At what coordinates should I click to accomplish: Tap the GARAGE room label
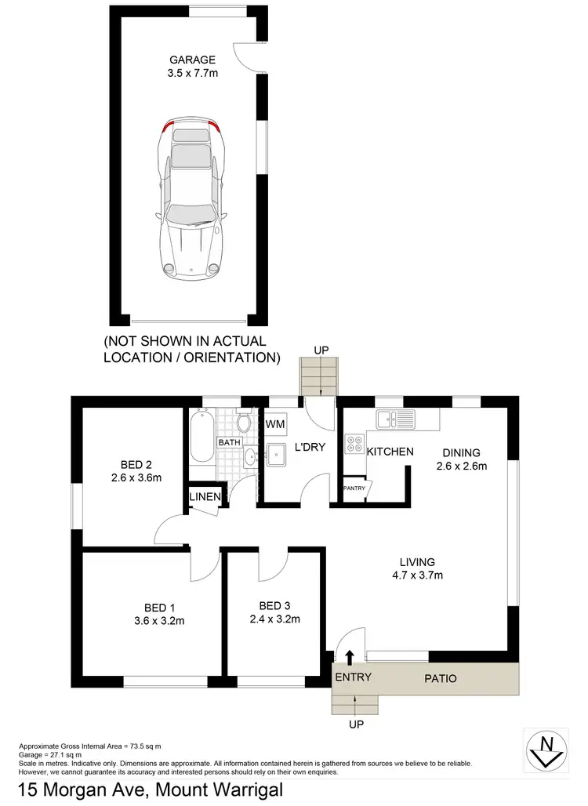click(192, 60)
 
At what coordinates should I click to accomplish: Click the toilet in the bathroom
click(245, 423)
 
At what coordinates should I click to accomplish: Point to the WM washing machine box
click(275, 424)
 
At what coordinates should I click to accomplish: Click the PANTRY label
click(354, 488)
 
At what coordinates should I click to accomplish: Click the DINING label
click(460, 452)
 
